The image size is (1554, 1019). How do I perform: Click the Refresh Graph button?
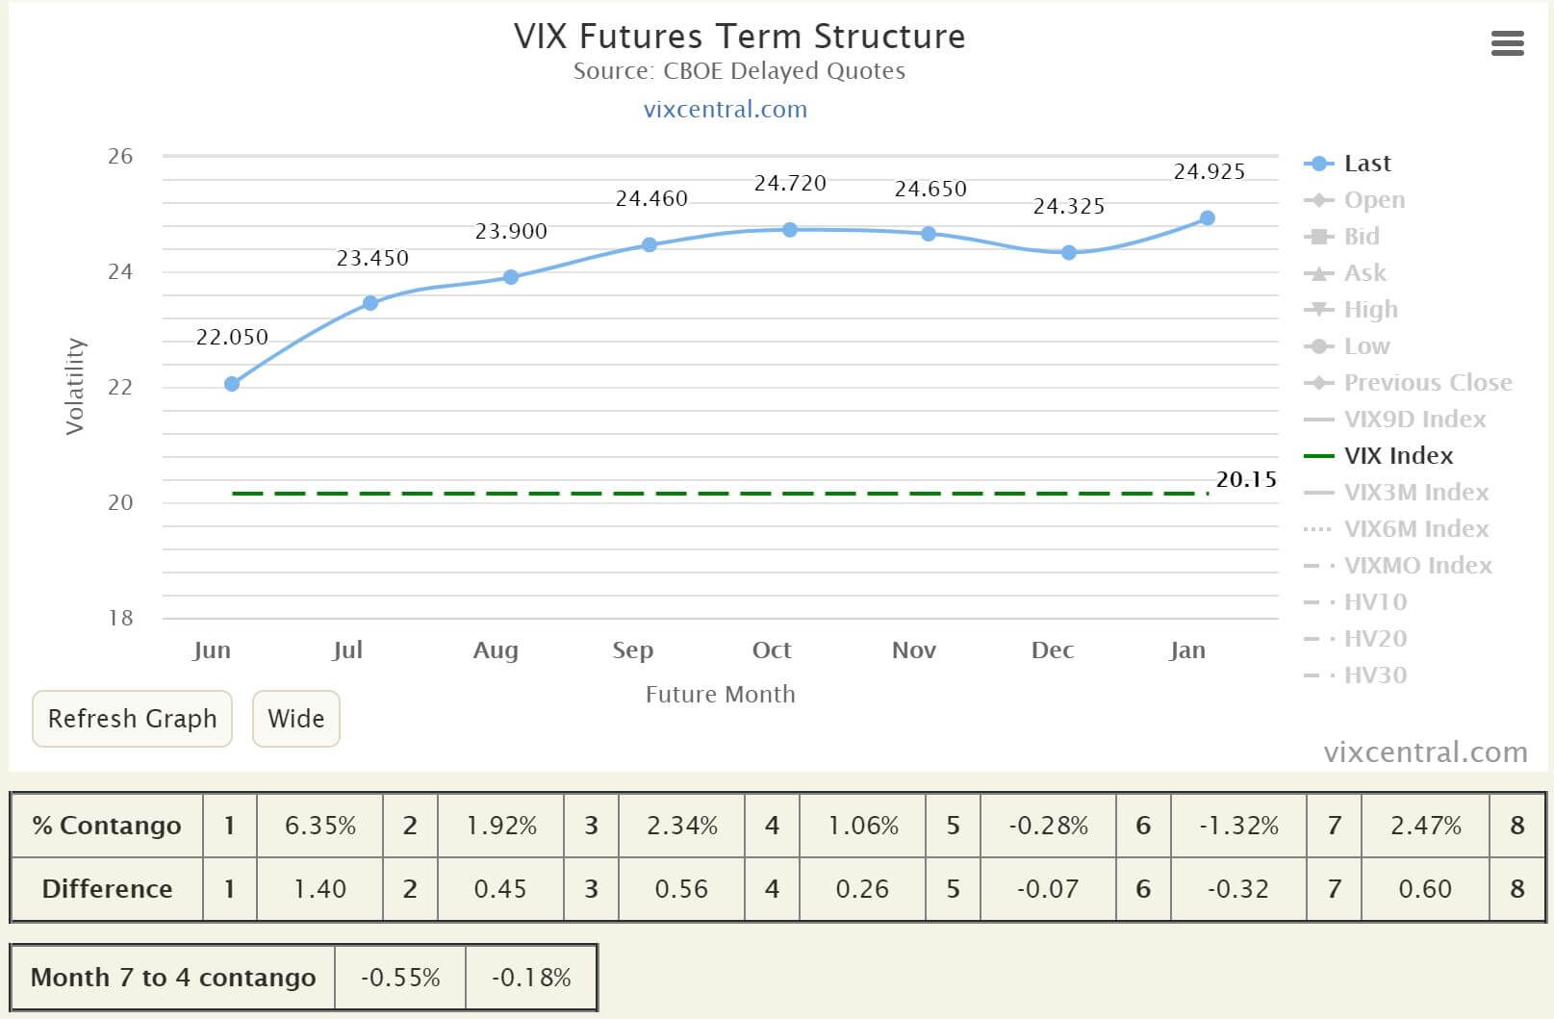coord(132,719)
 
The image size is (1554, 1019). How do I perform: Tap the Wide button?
coord(295,719)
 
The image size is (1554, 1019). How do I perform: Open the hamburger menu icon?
coord(1507,43)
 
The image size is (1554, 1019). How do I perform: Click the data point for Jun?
coord(232,384)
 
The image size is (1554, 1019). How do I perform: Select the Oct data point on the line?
coord(790,230)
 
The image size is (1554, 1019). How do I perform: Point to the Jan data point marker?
coord(1208,218)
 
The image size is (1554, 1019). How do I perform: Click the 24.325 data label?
coord(1068,206)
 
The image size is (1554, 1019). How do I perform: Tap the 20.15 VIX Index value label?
coord(1246,479)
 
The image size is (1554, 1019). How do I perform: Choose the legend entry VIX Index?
coord(1398,456)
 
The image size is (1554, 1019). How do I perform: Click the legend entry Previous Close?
coord(1427,383)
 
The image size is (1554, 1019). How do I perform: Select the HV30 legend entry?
coord(1375,675)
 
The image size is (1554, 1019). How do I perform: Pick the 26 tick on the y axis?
coord(120,156)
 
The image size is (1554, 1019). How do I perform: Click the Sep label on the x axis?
coord(632,650)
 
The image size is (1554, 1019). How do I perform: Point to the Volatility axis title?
coord(75,386)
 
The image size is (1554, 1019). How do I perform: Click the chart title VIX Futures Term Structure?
coord(739,37)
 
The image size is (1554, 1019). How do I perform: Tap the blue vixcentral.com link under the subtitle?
coord(725,109)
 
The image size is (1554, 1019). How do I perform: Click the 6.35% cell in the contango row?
coord(320,826)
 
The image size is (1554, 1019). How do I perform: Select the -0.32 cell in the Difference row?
coord(1237,889)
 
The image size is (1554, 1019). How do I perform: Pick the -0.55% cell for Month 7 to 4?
coord(400,978)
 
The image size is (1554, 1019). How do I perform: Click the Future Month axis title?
coord(720,694)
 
